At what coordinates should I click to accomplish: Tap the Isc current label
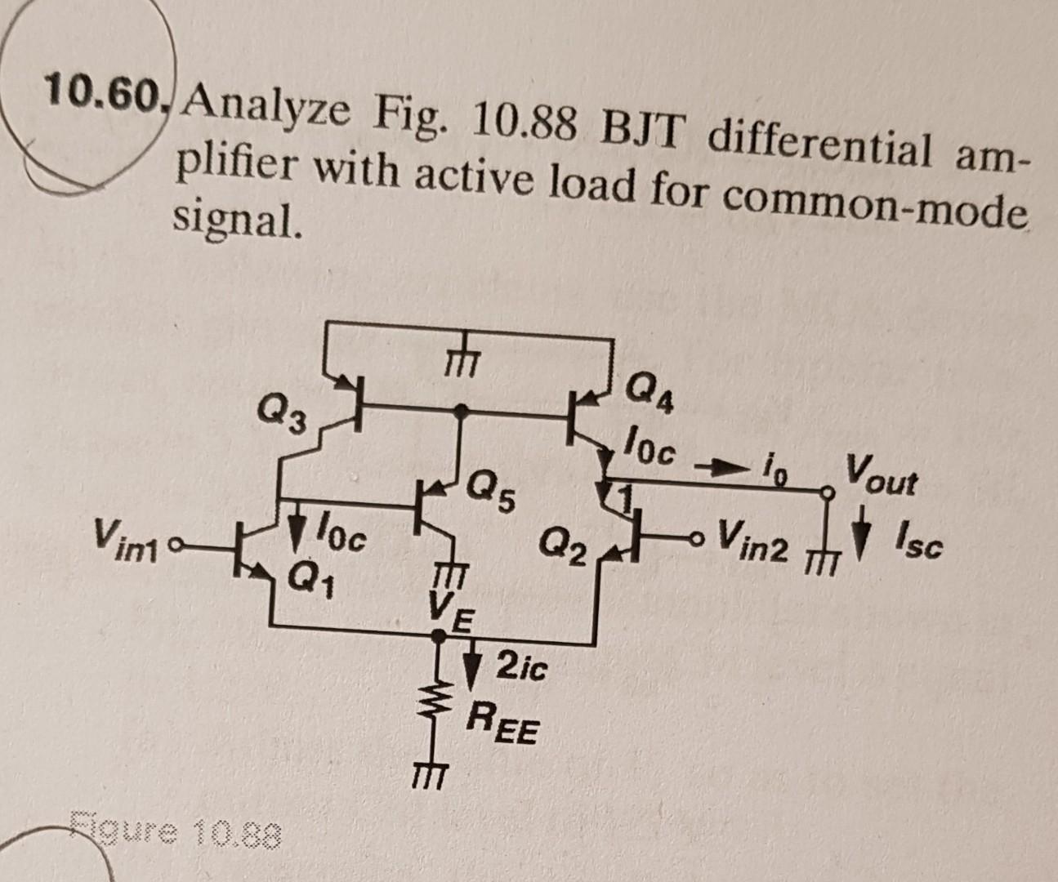[x=918, y=546]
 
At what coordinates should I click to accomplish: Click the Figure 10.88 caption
[x=176, y=835]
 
